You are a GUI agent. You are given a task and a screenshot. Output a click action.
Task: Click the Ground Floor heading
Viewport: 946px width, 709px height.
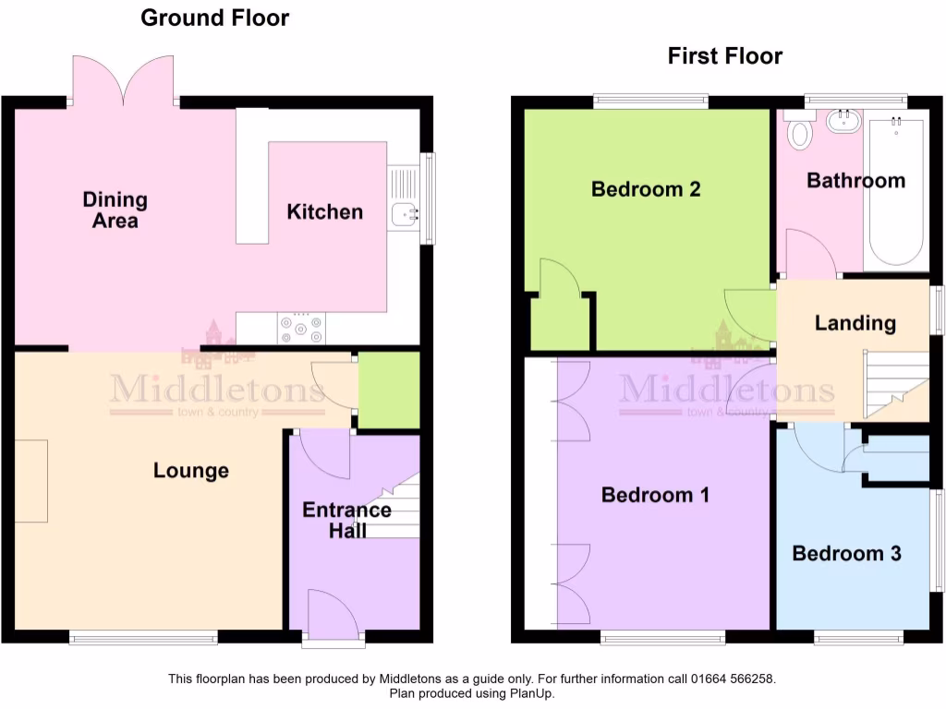click(x=214, y=18)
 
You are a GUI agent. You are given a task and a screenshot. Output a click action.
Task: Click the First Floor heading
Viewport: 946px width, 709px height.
click(x=724, y=56)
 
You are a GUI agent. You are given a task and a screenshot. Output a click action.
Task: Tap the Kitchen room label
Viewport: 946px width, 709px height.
click(x=324, y=212)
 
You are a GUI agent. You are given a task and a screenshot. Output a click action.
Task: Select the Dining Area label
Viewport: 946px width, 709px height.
click(x=115, y=210)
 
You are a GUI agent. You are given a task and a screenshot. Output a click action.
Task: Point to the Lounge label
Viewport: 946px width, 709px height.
click(x=190, y=471)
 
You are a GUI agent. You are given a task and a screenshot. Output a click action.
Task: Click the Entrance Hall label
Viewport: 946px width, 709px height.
click(x=346, y=521)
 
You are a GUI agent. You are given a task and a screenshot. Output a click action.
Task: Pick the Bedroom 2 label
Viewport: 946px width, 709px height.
click(x=646, y=189)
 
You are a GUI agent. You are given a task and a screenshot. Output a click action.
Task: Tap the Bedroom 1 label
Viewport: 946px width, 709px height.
click(x=655, y=495)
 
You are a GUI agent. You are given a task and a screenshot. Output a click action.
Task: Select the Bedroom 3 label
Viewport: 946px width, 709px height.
click(x=846, y=554)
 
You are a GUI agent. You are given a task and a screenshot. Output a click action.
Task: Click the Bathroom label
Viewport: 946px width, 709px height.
click(x=855, y=180)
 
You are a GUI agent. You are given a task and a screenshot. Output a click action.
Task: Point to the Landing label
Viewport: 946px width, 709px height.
click(x=855, y=323)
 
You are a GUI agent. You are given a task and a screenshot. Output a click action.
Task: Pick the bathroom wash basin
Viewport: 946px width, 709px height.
click(x=843, y=121)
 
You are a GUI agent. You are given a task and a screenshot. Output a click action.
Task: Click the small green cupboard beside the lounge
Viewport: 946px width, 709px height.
click(x=388, y=391)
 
